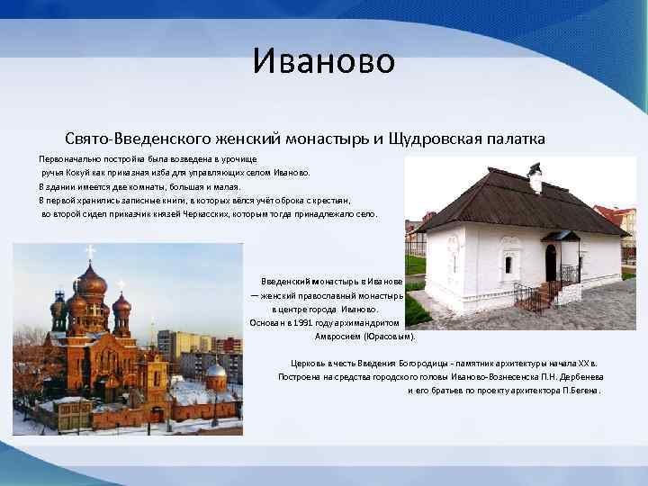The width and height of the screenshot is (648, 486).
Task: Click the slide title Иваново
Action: [x=323, y=61]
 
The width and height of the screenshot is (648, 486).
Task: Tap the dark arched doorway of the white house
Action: [x=551, y=262]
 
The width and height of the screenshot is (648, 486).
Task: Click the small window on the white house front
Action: [x=508, y=264]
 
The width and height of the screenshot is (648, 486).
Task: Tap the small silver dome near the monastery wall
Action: [x=215, y=370]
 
